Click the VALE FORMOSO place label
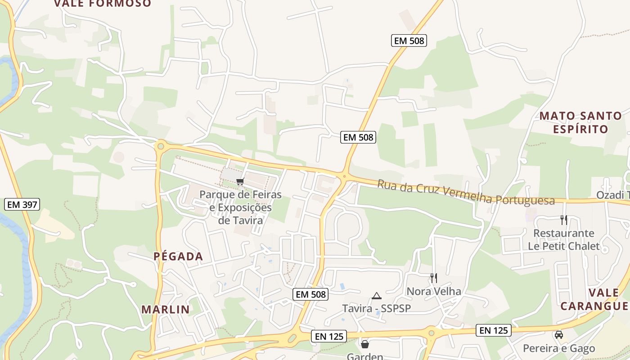pyautogui.click(x=103, y=4)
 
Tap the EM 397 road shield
pyautogui.click(x=22, y=205)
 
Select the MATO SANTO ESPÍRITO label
pyautogui.click(x=580, y=122)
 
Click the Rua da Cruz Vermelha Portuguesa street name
pyautogui.click(x=466, y=192)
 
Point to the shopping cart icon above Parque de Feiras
pyautogui.click(x=240, y=182)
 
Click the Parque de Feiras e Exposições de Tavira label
pyautogui.click(x=240, y=207)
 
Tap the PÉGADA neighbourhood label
pyautogui.click(x=178, y=256)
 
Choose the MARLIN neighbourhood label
pyautogui.click(x=166, y=310)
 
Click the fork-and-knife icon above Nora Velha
pyautogui.click(x=433, y=278)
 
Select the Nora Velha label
pyautogui.click(x=434, y=291)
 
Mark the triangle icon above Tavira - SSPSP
pyautogui.click(x=377, y=296)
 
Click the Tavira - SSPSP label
pyautogui.click(x=377, y=308)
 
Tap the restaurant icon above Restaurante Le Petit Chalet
pyautogui.click(x=564, y=220)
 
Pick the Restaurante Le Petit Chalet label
pyautogui.click(x=564, y=240)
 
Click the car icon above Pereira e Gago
pyautogui.click(x=559, y=335)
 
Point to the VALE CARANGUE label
pyautogui.click(x=594, y=299)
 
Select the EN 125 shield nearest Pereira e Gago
pyautogui.click(x=494, y=330)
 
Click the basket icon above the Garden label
pyautogui.click(x=365, y=344)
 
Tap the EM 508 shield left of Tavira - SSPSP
pyautogui.click(x=310, y=295)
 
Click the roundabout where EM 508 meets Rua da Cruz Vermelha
pyautogui.click(x=344, y=176)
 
